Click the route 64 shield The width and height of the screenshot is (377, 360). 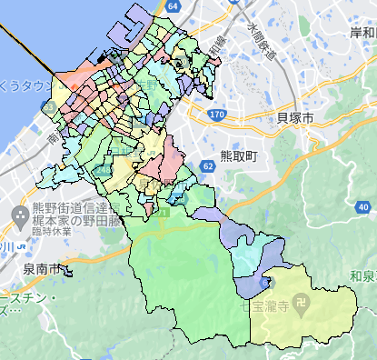coord(174,5)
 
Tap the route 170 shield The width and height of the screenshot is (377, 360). coord(216,115)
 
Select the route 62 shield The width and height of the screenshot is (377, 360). coord(208,165)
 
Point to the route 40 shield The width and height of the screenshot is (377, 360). coord(263,284)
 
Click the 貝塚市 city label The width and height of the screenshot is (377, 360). coord(294,118)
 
